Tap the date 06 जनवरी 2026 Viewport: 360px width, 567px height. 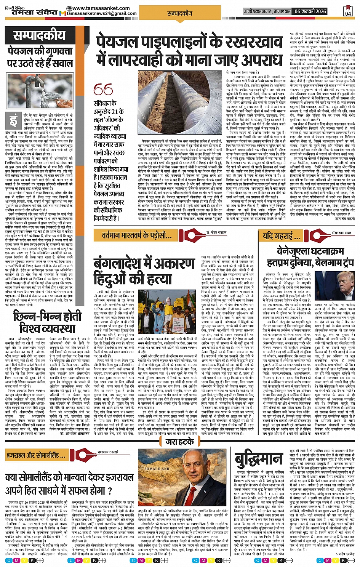[310, 11]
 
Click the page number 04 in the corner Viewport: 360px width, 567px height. [348, 11]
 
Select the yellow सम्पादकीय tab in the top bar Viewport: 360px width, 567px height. [180, 13]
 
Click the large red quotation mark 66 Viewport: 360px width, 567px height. [103, 90]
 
